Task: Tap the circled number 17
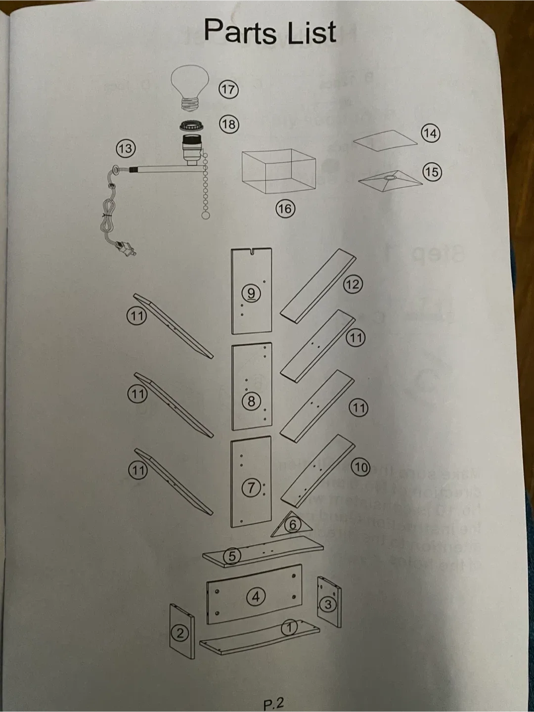coord(228,89)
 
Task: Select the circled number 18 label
coord(228,124)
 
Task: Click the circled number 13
coord(126,148)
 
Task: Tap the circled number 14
coord(430,133)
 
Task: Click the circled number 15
coord(431,172)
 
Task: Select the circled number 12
coord(353,284)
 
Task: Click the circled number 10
coord(361,467)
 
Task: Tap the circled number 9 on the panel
coord(251,293)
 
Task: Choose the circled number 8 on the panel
coord(251,401)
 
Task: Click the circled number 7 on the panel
coord(251,488)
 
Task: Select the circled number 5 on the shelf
coord(231,556)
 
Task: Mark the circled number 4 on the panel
coord(256,597)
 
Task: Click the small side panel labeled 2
coord(181,632)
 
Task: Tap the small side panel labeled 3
coord(329,602)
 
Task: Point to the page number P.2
coord(274,704)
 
